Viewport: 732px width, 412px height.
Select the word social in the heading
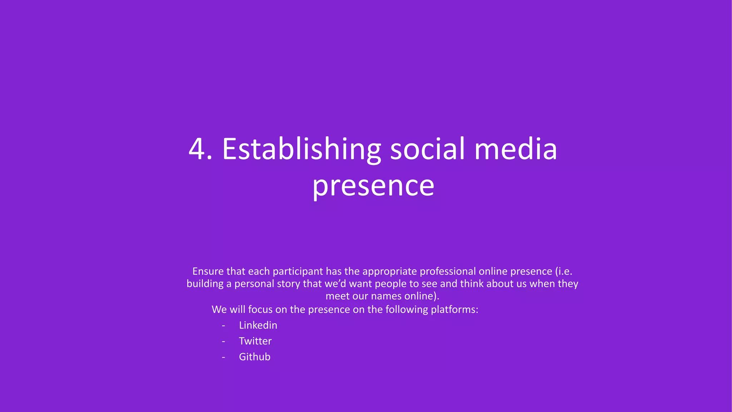(x=428, y=149)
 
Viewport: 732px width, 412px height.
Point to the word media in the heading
(x=515, y=149)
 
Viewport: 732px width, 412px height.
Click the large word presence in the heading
(x=373, y=186)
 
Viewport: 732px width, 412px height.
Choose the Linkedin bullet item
(x=258, y=325)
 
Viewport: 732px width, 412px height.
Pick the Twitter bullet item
(x=255, y=341)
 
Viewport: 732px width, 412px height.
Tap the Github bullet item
(x=254, y=357)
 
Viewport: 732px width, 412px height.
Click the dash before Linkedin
(x=223, y=325)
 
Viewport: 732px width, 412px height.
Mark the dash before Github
(x=223, y=357)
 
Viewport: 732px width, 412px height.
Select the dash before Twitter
(x=223, y=341)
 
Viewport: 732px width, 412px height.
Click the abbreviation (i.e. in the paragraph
(x=564, y=271)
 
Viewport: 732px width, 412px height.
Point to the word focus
(x=260, y=309)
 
